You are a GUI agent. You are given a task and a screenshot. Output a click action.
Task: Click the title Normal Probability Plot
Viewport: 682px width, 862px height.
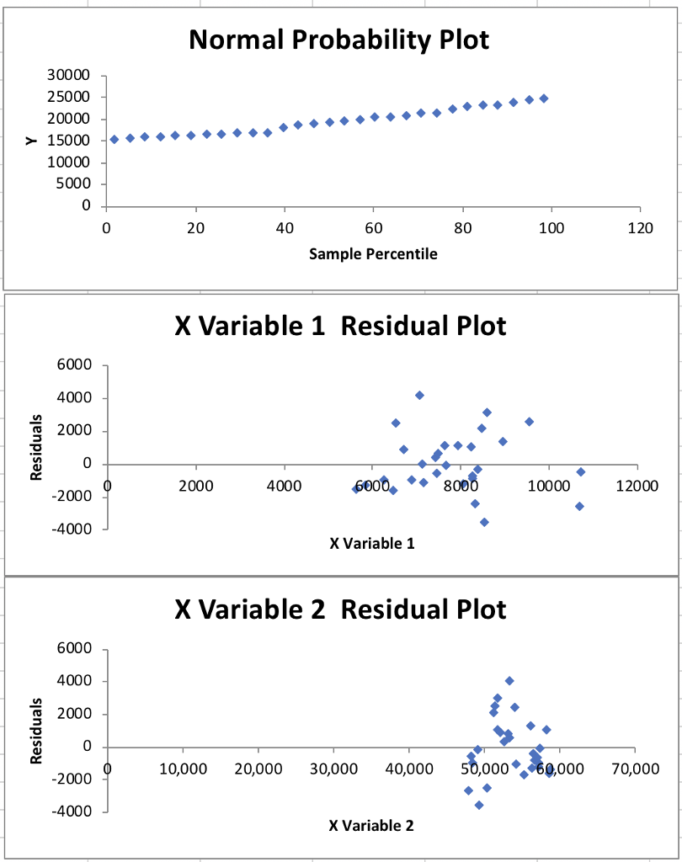click(x=339, y=40)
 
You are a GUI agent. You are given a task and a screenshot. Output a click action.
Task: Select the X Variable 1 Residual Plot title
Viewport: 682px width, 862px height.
click(x=340, y=326)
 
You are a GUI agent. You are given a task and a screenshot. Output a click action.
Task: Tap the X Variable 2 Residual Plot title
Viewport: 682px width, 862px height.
click(x=340, y=609)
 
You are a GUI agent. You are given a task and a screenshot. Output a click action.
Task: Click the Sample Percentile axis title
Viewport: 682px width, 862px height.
click(x=373, y=253)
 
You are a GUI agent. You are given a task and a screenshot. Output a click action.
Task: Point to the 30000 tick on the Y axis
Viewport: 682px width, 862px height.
click(x=71, y=76)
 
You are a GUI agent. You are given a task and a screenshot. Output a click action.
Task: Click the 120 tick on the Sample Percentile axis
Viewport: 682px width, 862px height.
click(x=639, y=227)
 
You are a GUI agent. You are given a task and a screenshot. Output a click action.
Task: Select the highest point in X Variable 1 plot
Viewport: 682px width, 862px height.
click(x=419, y=395)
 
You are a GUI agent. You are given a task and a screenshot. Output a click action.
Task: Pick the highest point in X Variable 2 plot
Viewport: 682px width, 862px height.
click(x=509, y=681)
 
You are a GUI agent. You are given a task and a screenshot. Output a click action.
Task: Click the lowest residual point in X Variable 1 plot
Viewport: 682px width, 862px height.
click(x=484, y=522)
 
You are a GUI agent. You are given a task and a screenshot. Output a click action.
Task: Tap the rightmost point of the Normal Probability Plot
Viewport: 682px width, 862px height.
click(x=544, y=98)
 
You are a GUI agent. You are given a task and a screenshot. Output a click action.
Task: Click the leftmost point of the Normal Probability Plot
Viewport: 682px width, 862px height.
click(x=115, y=139)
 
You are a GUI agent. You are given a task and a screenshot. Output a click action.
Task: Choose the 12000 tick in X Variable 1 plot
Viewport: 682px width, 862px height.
click(x=638, y=486)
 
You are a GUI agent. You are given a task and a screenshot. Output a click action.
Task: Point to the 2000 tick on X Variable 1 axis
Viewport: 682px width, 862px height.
click(x=196, y=486)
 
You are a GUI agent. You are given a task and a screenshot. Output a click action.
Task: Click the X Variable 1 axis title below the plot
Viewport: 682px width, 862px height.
click(x=372, y=543)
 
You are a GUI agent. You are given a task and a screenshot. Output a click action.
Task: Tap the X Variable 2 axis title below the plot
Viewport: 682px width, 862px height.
click(x=372, y=826)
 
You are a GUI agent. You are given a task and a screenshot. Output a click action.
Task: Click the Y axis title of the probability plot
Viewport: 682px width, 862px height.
click(x=32, y=141)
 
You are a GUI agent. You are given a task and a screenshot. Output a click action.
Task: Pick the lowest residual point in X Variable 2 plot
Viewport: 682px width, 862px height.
click(x=479, y=805)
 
